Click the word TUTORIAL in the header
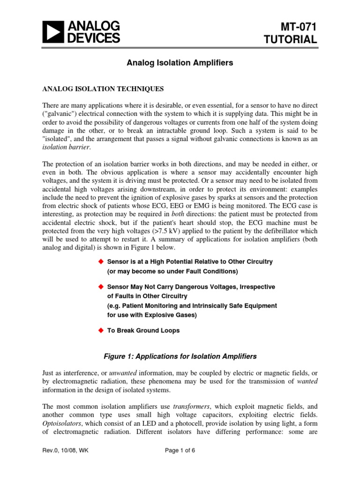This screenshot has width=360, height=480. coord(292,40)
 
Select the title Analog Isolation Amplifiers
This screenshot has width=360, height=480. coord(180,62)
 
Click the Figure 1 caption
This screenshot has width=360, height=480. coord(180,356)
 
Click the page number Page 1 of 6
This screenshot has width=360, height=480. coord(180,465)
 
